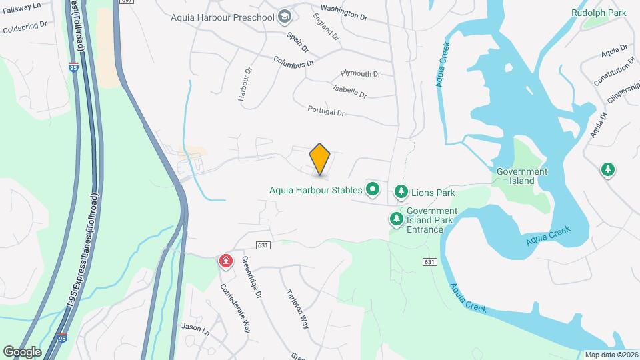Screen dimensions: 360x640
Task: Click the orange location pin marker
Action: pos(320,159)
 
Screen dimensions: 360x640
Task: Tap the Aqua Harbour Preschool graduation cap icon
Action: pos(285,16)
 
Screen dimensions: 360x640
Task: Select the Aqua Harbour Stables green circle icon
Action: pos(372,190)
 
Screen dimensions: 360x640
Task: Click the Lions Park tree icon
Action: pos(401,193)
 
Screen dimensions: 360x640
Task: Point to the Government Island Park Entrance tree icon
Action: pos(397,219)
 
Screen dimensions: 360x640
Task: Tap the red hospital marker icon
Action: pos(226,261)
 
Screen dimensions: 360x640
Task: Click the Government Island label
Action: pos(522,176)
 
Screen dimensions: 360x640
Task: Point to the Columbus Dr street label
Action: pos(293,61)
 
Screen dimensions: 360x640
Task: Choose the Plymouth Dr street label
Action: pos(360,74)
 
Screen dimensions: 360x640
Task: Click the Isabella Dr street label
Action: pos(350,91)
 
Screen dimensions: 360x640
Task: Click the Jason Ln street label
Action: pos(195,328)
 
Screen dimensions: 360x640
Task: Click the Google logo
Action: pos(22,351)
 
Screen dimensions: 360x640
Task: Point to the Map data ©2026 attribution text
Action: pos(611,355)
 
